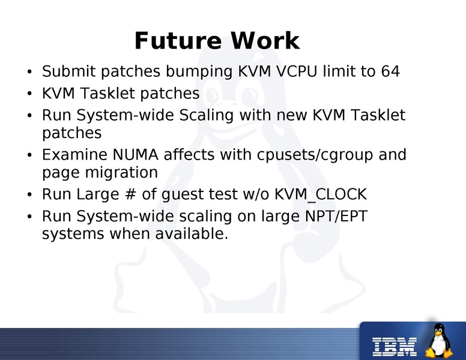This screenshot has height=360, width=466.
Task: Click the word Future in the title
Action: coord(178,41)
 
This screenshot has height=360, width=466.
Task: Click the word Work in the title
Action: coord(265,41)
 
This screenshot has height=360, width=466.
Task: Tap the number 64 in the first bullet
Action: coord(390,71)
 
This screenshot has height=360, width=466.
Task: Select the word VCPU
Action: coord(296,71)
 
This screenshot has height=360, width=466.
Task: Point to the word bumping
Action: coord(199,73)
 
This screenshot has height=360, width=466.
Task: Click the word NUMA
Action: coord(135,154)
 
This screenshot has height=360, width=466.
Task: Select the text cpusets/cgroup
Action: coord(315,155)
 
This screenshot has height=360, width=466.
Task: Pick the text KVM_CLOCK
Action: coord(321,194)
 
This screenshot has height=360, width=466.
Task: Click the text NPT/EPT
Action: coord(336,216)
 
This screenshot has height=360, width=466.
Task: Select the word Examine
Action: coord(74,154)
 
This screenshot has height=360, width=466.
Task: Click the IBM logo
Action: coord(395,347)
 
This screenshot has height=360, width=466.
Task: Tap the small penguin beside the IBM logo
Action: coord(439,340)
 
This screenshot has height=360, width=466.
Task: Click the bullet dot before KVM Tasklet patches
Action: coord(29,94)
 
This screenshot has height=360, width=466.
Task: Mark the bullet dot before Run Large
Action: coord(29,194)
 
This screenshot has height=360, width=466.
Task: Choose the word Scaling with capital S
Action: coord(206,116)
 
